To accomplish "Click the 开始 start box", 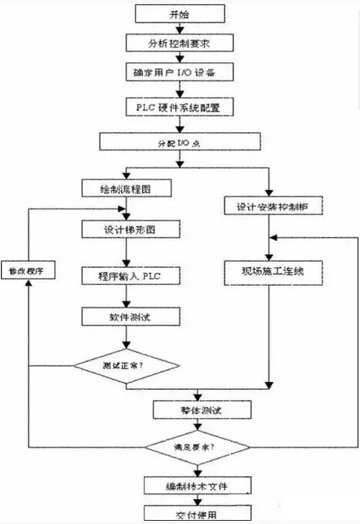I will tap(179, 13).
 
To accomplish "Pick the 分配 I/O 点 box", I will tap(179, 141).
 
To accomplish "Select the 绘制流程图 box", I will tap(126, 189).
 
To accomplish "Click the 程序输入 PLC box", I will tap(126, 276).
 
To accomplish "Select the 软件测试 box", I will tap(126, 316).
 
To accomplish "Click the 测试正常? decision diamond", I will tap(126, 364).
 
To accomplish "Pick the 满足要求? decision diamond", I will tap(196, 449).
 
